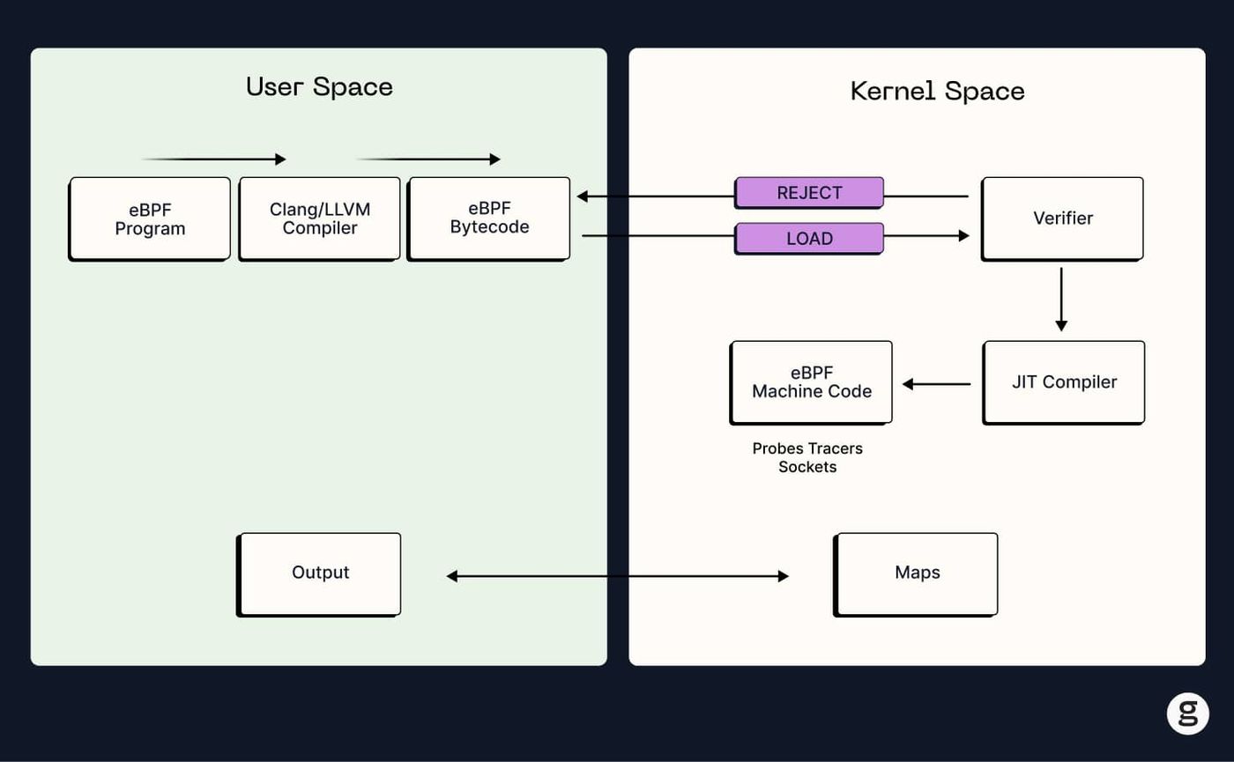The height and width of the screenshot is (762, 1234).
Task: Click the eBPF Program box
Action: tap(149, 218)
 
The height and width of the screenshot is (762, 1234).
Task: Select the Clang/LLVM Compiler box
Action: tap(319, 218)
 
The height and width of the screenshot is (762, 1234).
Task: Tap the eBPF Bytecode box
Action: tap(488, 218)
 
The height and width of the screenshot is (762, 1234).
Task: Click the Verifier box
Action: tap(1062, 218)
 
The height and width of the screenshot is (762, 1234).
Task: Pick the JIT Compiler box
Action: tap(1064, 382)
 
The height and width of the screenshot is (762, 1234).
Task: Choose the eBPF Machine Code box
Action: tap(811, 382)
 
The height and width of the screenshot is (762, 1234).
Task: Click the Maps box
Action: tap(916, 574)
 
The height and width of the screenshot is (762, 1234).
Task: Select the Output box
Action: tap(319, 574)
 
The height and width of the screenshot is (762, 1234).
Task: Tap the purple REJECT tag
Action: tap(809, 193)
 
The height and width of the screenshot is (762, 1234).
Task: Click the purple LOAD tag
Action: tap(809, 239)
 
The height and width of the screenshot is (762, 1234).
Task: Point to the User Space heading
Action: tap(319, 87)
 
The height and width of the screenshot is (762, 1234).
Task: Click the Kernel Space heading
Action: tap(938, 91)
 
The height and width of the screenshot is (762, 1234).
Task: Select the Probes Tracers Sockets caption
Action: tap(807, 457)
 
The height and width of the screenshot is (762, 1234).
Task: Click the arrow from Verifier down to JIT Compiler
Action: tap(1061, 300)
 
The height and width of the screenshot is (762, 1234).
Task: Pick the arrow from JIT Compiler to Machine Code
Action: tap(936, 384)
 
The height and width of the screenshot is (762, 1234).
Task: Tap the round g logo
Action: tap(1188, 714)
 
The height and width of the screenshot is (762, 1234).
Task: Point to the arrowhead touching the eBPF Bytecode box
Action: tap(583, 196)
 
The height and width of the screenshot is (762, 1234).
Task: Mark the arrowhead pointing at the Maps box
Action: tap(784, 576)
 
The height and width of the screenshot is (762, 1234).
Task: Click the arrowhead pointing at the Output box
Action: tap(451, 576)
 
